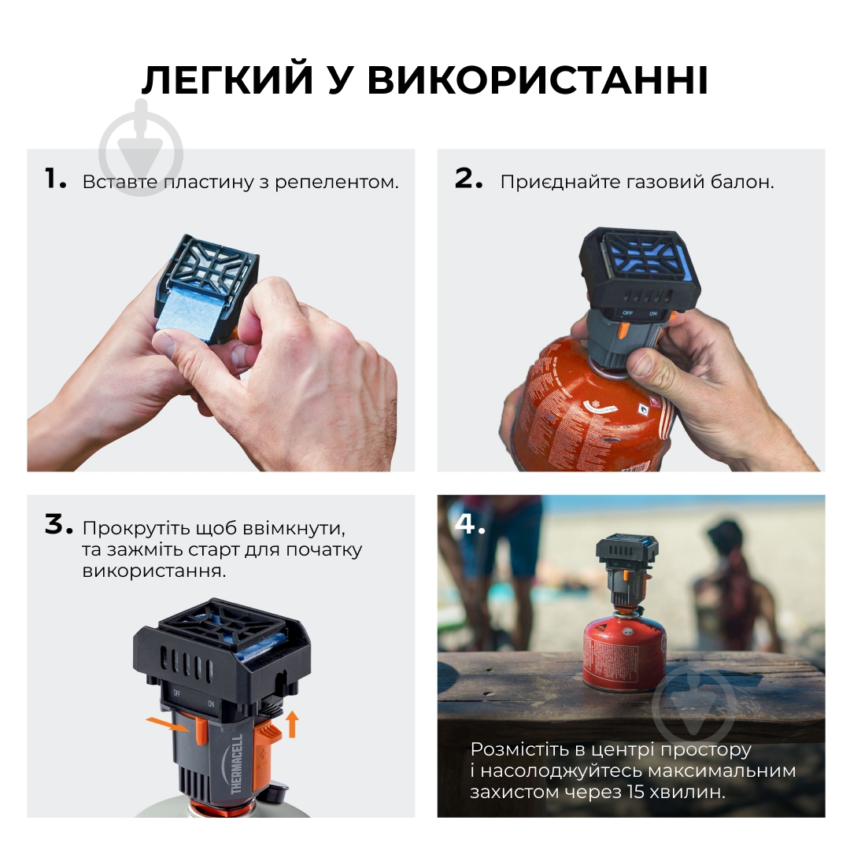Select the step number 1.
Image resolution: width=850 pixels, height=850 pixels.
(55, 179)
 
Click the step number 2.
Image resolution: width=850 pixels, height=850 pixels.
(468, 179)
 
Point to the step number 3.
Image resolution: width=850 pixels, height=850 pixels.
(57, 526)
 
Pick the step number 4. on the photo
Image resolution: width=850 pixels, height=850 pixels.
(470, 524)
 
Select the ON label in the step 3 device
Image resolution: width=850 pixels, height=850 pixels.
(211, 704)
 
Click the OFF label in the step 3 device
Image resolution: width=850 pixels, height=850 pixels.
(176, 693)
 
